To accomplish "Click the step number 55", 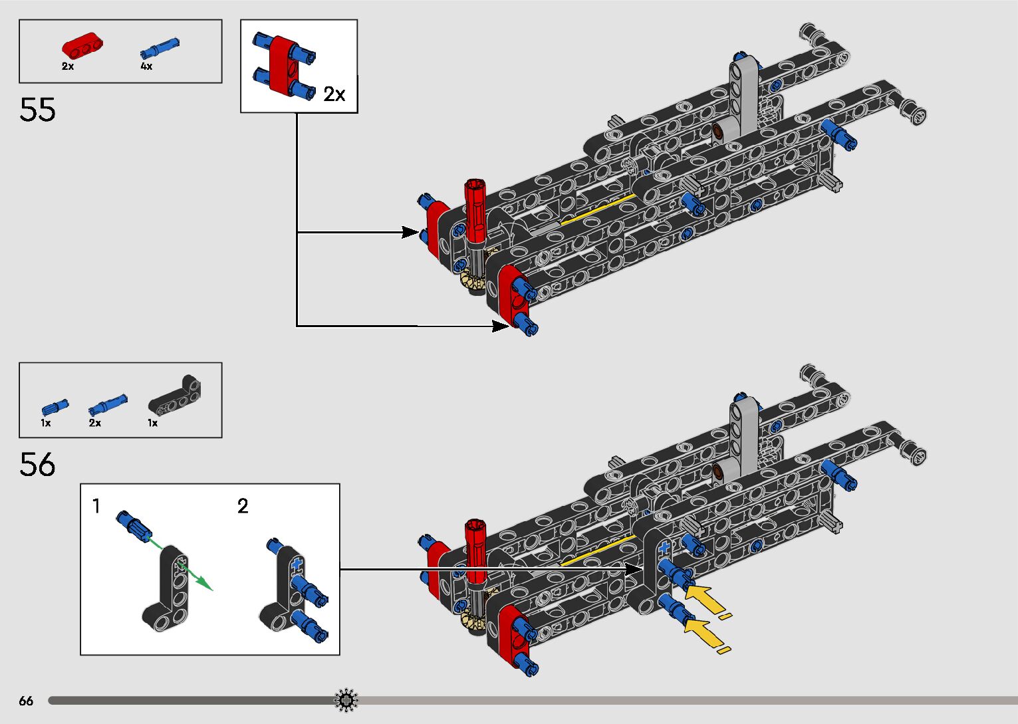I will [37, 110].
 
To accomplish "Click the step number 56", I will [37, 465].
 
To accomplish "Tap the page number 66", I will [26, 701].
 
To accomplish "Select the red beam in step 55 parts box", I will [83, 46].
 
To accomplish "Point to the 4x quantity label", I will [146, 66].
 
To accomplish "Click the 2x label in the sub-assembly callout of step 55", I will [334, 94].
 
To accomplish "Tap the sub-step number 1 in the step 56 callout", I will [96, 507].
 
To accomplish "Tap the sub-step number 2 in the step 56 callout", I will [243, 507].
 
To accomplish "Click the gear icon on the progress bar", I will [346, 700].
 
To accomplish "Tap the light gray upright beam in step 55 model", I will [743, 96].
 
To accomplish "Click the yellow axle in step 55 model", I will [598, 210].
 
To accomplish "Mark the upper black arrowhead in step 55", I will [410, 232].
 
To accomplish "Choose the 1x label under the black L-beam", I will [153, 423].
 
